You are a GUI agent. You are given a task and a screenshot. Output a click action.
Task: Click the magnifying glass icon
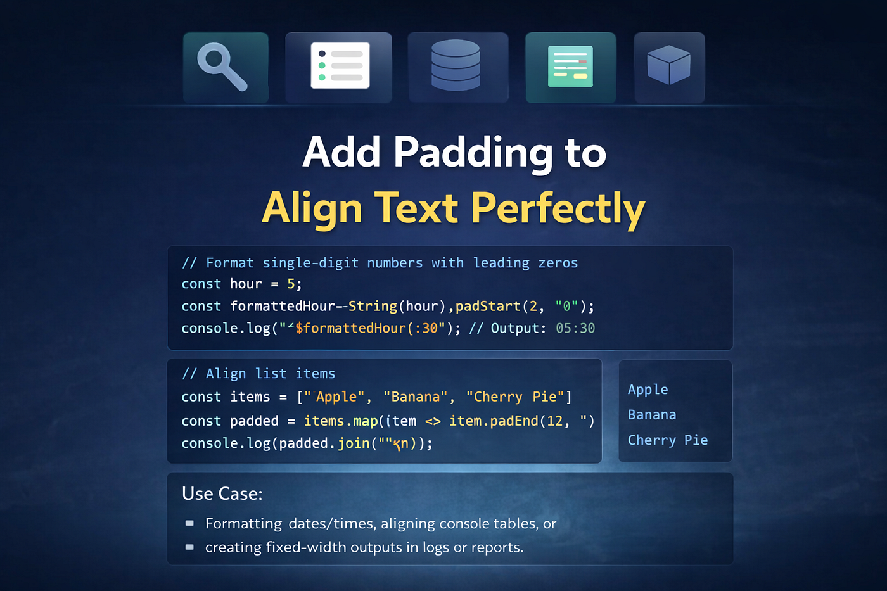click(x=222, y=66)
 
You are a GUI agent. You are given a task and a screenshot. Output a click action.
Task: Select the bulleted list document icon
click(x=340, y=65)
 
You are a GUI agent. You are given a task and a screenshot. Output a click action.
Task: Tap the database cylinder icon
click(x=456, y=65)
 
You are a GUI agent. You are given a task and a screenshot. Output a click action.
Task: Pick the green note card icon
click(x=570, y=66)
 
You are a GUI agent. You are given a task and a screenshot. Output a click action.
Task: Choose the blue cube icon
click(x=669, y=65)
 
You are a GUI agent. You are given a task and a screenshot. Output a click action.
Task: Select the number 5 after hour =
click(x=291, y=284)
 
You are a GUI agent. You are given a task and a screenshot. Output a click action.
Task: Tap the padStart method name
click(x=488, y=307)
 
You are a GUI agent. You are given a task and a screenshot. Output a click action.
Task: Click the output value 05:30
click(x=575, y=328)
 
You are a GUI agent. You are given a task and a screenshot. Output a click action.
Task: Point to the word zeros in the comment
click(x=558, y=264)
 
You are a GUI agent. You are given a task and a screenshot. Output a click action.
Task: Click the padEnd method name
click(x=514, y=421)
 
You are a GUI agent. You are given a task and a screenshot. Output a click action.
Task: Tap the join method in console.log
click(x=354, y=443)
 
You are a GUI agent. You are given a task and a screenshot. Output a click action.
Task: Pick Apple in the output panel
click(x=648, y=390)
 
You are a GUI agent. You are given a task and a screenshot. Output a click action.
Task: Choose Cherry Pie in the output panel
click(x=668, y=440)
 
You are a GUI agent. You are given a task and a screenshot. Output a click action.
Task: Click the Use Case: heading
click(x=222, y=493)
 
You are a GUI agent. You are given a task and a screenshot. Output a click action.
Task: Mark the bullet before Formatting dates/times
click(x=189, y=523)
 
